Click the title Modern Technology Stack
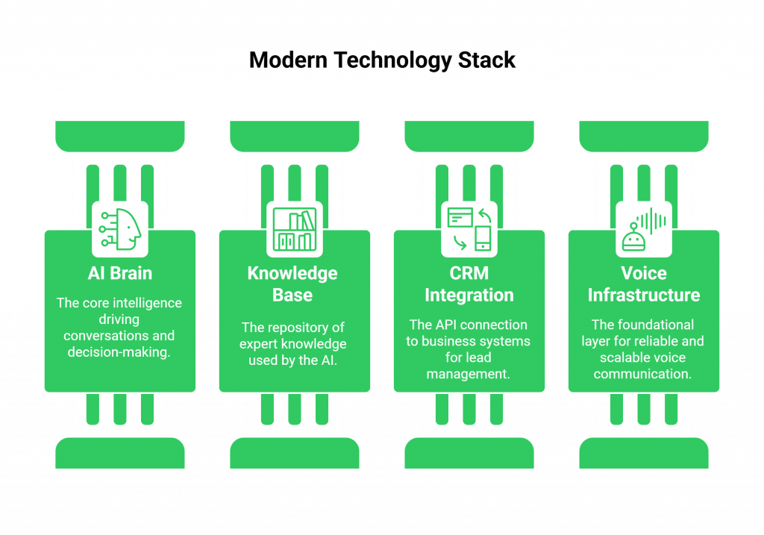pyautogui.click(x=382, y=60)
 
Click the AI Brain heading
pyautogui.click(x=120, y=273)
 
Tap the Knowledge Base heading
pyautogui.click(x=292, y=284)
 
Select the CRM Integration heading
pyautogui.click(x=469, y=284)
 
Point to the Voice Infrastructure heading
pyautogui.click(x=644, y=284)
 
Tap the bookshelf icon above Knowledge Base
pyautogui.click(x=294, y=229)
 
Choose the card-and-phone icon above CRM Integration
pyautogui.click(x=469, y=228)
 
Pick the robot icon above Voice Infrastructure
pyautogui.click(x=644, y=228)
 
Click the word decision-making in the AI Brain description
pyautogui.click(x=119, y=352)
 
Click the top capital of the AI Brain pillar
pyautogui.click(x=120, y=137)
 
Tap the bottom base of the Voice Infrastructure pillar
pyautogui.click(x=644, y=453)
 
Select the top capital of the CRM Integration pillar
pyautogui.click(x=469, y=137)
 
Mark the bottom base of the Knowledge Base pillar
pyautogui.click(x=294, y=453)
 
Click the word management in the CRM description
pyautogui.click(x=469, y=374)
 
